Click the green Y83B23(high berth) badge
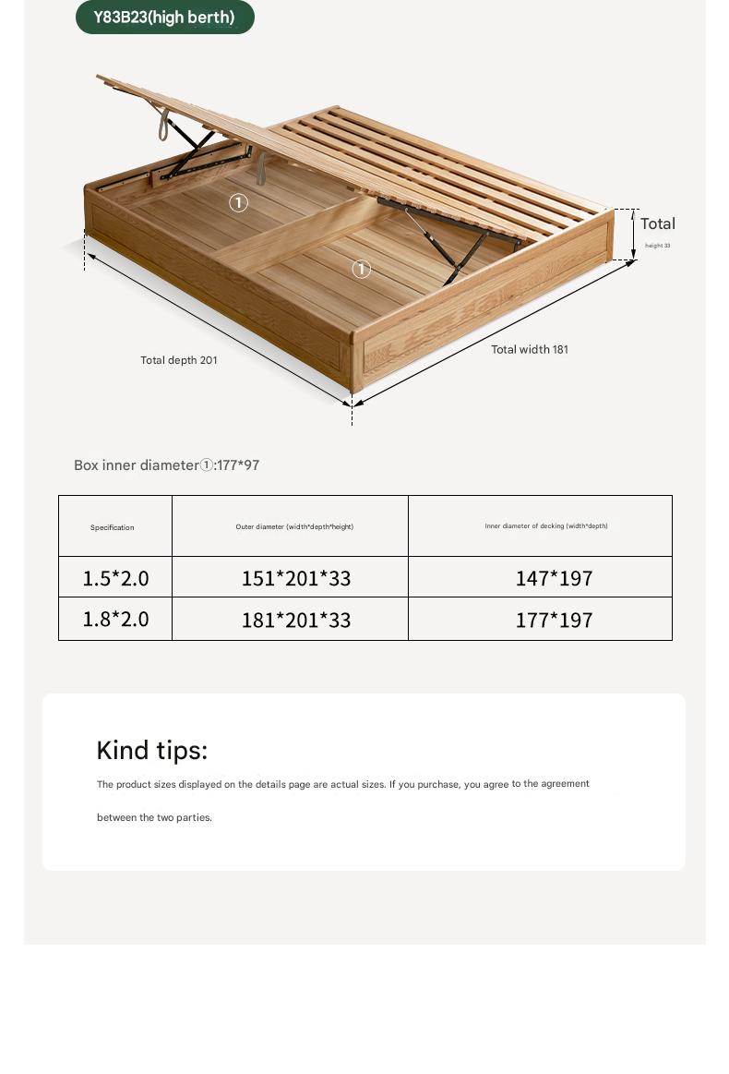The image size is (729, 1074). click(x=164, y=18)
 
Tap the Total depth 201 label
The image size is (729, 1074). click(x=179, y=360)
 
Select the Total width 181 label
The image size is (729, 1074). click(x=530, y=349)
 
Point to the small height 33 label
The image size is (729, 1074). click(x=658, y=246)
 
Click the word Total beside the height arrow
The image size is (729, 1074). click(x=658, y=223)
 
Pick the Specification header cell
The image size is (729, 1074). click(x=113, y=527)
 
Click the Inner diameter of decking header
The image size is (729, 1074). click(x=546, y=526)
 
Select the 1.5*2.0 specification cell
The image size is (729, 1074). click(x=115, y=578)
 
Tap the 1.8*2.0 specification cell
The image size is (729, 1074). click(x=115, y=619)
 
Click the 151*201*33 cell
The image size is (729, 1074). click(x=296, y=578)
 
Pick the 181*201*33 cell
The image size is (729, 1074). click(x=296, y=620)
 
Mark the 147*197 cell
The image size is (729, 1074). click(x=554, y=578)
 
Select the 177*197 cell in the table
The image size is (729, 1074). click(x=554, y=620)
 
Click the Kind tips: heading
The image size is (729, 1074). click(x=152, y=750)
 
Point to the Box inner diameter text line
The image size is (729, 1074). click(x=167, y=465)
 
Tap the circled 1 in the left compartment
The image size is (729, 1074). click(x=239, y=202)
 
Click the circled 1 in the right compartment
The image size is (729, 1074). click(x=362, y=269)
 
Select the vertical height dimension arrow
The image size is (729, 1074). click(x=634, y=235)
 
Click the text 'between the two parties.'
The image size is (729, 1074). click(x=154, y=817)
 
